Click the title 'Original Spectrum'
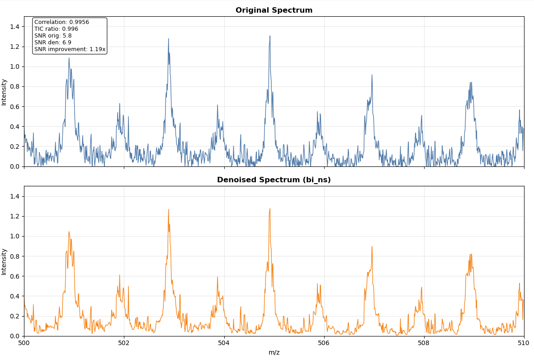(274, 10)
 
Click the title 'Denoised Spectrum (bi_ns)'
(274, 180)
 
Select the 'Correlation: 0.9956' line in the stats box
(61, 22)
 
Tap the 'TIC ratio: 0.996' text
(56, 29)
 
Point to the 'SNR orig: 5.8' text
(53, 36)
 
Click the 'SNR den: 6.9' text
(52, 43)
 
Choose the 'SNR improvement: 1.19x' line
(70, 49)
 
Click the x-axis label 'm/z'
(274, 353)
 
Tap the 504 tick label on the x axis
(224, 343)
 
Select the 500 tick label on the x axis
(24, 343)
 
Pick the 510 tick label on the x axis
(524, 343)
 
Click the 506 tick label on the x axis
(324, 343)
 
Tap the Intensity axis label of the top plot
(4, 92)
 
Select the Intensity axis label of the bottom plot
(4, 261)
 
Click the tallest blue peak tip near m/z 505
(270, 36)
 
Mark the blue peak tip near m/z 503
(169, 39)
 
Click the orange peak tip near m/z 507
(372, 247)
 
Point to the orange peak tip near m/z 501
(69, 232)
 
